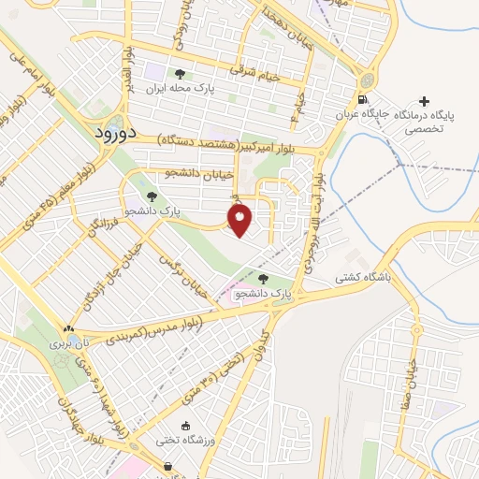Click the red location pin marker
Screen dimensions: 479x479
(x=240, y=220)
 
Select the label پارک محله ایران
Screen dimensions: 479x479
(x=180, y=89)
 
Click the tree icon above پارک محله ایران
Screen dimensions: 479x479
(x=180, y=74)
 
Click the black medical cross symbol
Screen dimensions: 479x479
(x=426, y=101)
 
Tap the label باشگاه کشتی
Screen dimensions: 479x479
(x=368, y=278)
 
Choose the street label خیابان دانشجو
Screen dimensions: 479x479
(x=198, y=173)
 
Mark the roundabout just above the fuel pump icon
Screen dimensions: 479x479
(x=366, y=80)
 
